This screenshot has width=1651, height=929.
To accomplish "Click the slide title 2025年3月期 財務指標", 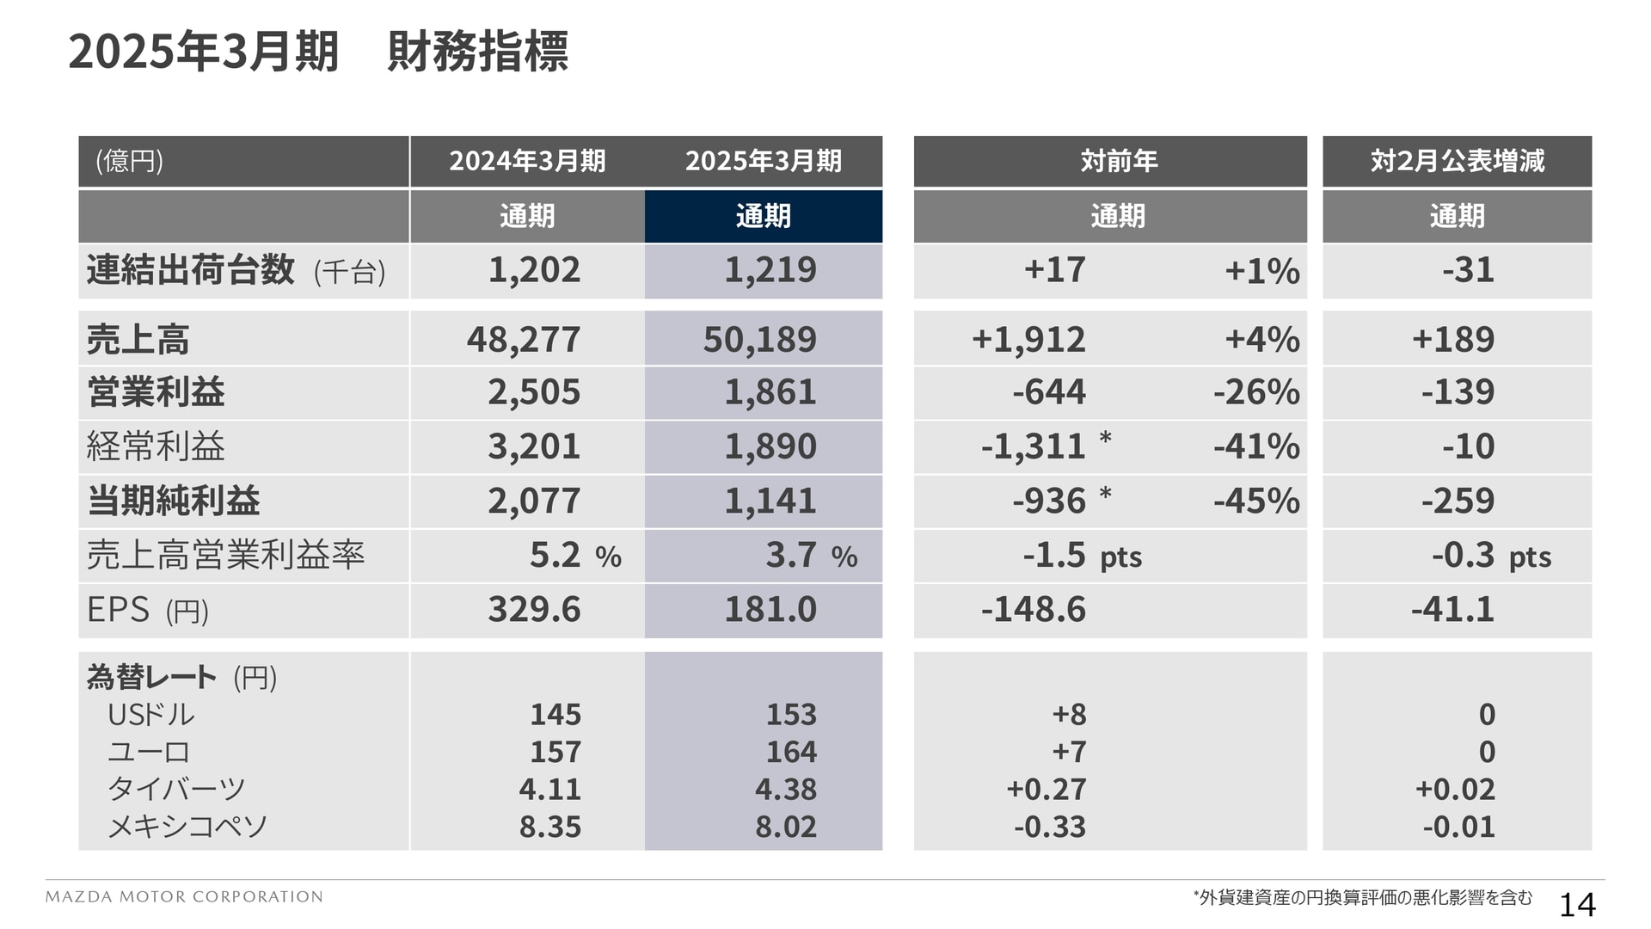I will (x=317, y=52).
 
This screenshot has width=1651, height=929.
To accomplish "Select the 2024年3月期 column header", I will (x=527, y=161).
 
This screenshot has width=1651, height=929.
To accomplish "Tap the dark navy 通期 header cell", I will (x=763, y=216).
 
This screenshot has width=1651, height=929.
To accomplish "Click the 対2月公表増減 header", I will (x=1457, y=161).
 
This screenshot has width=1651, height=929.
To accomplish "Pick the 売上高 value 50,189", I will (x=759, y=339).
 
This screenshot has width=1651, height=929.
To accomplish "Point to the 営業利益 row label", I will (x=156, y=392).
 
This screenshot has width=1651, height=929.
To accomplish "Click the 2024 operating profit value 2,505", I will (x=534, y=392).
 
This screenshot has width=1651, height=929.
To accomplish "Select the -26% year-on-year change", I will (x=1256, y=392).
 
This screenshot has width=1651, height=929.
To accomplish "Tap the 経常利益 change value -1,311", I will (x=1033, y=446).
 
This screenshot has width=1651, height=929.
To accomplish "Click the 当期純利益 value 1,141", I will (x=770, y=501).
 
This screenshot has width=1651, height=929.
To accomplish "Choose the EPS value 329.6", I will (x=534, y=609).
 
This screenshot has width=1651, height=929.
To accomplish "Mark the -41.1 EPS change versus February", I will (x=1452, y=609).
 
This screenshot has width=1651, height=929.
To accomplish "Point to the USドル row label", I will (x=151, y=715).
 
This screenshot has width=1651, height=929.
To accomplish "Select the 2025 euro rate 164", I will (x=791, y=752).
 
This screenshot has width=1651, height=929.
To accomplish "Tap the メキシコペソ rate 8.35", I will (x=550, y=827).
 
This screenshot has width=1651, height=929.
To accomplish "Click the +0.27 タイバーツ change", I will (x=1046, y=789).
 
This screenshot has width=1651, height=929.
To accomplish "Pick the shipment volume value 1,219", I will (x=770, y=270).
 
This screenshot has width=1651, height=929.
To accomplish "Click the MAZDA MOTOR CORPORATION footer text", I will (x=184, y=896).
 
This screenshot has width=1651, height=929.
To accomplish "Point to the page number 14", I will (x=1577, y=905).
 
